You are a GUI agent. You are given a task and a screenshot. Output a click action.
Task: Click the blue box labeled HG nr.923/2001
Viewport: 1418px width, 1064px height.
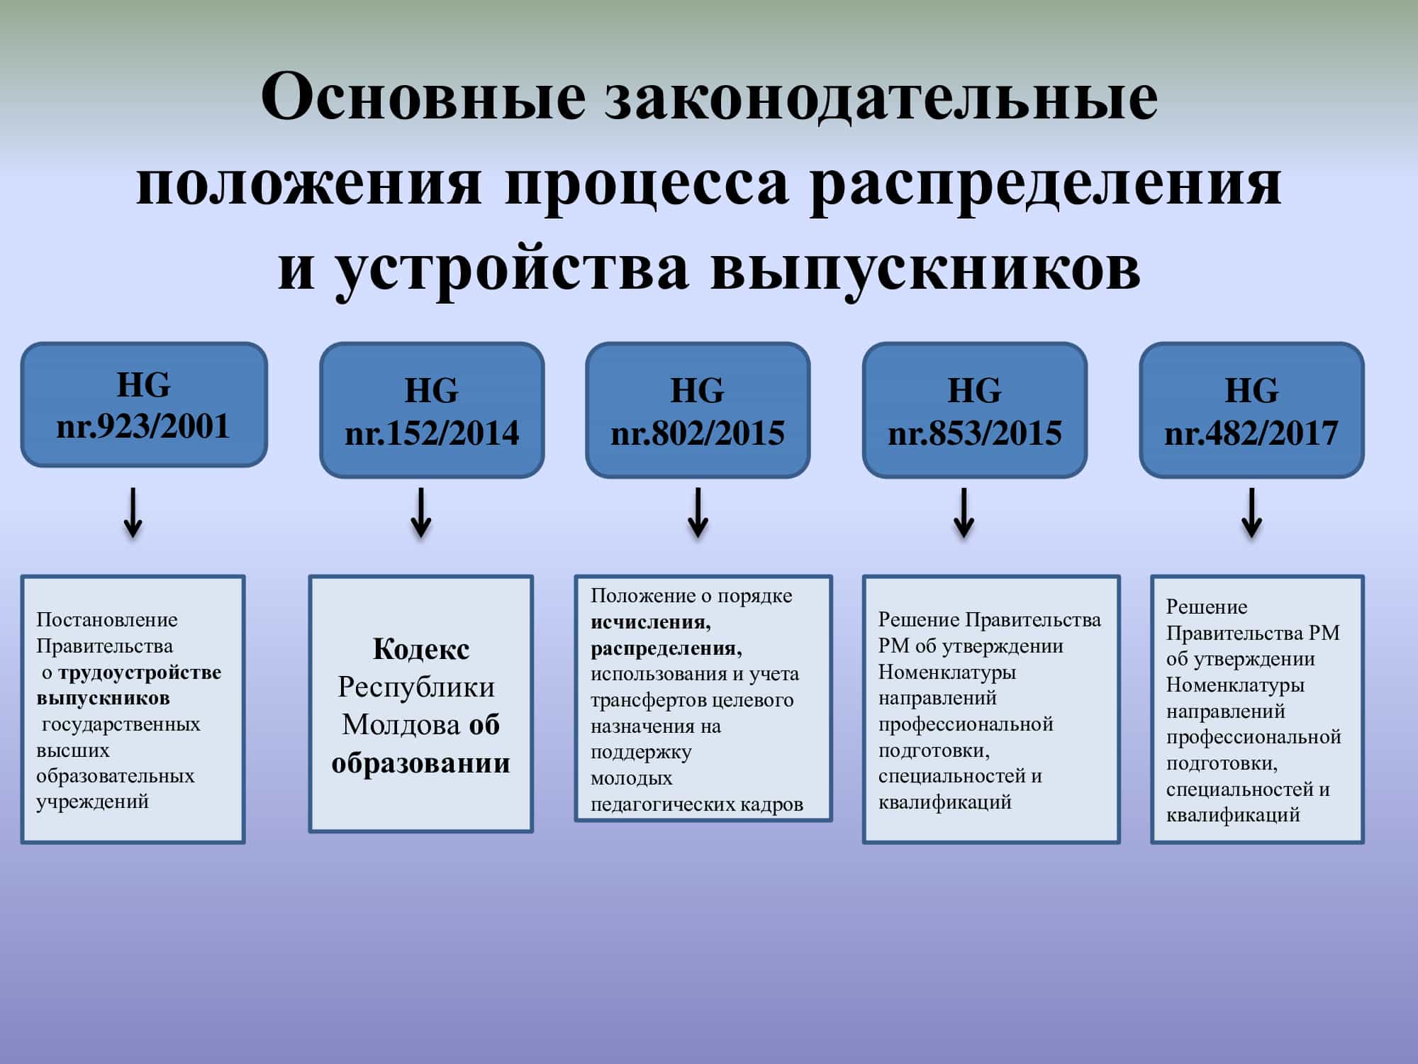144,404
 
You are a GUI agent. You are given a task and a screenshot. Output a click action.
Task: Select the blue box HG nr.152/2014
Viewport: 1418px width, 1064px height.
432,410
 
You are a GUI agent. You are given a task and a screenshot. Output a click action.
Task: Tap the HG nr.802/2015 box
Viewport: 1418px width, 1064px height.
698,410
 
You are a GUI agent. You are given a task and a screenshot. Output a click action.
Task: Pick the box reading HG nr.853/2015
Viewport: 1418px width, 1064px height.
975,410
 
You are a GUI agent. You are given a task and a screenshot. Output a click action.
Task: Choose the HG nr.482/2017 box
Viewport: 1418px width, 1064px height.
1252,410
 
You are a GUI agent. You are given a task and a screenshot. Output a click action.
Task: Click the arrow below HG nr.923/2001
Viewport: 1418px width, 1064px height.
133,512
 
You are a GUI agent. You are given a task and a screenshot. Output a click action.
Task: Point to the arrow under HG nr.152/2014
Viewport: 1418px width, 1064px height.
421,512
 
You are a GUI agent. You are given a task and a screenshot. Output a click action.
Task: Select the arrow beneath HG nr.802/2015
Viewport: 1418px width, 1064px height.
698,512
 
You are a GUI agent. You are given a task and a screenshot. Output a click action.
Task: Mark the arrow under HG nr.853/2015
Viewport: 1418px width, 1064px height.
964,512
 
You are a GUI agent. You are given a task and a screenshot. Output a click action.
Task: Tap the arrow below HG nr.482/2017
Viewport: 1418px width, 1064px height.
1252,512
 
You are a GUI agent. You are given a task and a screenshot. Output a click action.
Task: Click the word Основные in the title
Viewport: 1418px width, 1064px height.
423,96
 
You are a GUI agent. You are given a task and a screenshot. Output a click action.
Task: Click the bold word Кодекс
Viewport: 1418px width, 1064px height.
421,649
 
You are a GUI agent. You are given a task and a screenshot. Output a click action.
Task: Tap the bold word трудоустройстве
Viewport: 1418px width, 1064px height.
140,672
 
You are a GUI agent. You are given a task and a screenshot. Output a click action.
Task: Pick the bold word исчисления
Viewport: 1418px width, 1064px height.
651,622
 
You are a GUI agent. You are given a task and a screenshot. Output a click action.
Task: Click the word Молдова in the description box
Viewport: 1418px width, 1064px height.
401,725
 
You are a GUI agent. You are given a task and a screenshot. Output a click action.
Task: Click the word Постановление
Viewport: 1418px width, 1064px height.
107,619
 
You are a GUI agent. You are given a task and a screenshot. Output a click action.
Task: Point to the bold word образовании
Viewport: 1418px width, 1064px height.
421,763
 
